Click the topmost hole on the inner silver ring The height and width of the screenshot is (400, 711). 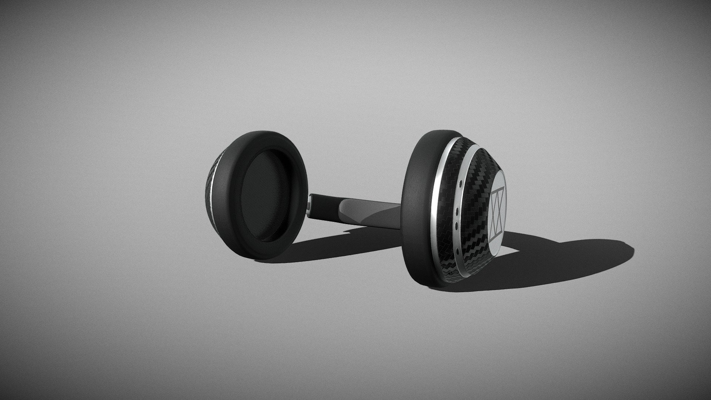pos(460,183)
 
